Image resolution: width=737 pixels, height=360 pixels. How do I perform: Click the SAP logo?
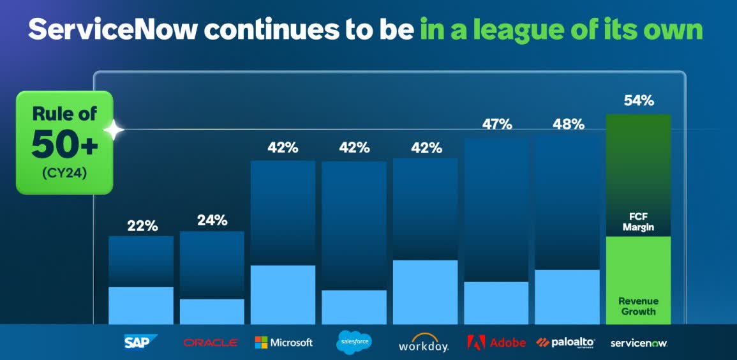point(140,342)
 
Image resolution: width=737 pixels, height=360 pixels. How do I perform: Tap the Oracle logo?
point(211,343)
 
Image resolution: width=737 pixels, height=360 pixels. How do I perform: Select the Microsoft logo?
point(283,343)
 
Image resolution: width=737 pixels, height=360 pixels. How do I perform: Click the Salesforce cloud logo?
point(354,342)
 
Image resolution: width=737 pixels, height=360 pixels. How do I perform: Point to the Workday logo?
point(424,343)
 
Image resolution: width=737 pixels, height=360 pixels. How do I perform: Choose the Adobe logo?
point(496,343)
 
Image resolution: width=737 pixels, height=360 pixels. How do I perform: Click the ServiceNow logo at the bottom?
point(639,343)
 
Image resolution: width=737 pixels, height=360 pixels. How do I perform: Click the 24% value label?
point(212,220)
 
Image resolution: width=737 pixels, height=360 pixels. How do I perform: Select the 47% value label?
point(496,124)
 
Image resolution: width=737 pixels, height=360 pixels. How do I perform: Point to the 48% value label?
point(568,124)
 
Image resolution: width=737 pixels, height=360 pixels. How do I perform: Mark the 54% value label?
point(639,101)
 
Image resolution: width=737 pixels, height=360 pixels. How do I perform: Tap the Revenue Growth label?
point(639,306)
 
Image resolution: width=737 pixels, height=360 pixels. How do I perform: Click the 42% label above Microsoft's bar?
point(283,147)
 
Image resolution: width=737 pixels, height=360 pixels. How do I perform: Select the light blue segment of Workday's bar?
point(425,292)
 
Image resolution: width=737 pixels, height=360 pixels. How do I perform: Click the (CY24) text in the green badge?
point(64,172)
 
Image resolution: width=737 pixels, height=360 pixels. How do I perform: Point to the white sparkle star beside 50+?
point(115,130)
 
